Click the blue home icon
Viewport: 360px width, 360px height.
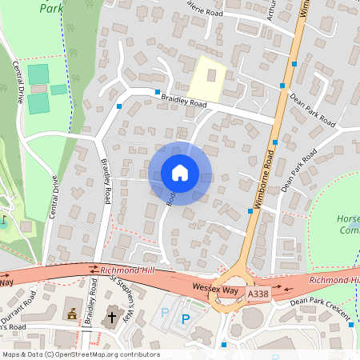point(180,173)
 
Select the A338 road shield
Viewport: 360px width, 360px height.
point(257,294)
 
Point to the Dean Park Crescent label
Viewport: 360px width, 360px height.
point(321,309)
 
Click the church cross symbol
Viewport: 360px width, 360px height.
point(112,317)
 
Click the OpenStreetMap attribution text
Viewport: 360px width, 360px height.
point(80,354)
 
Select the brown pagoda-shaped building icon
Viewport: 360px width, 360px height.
point(73,315)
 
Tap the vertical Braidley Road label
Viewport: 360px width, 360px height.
point(105,179)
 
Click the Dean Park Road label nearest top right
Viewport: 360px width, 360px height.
point(311,109)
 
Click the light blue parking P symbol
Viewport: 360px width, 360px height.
point(165,312)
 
